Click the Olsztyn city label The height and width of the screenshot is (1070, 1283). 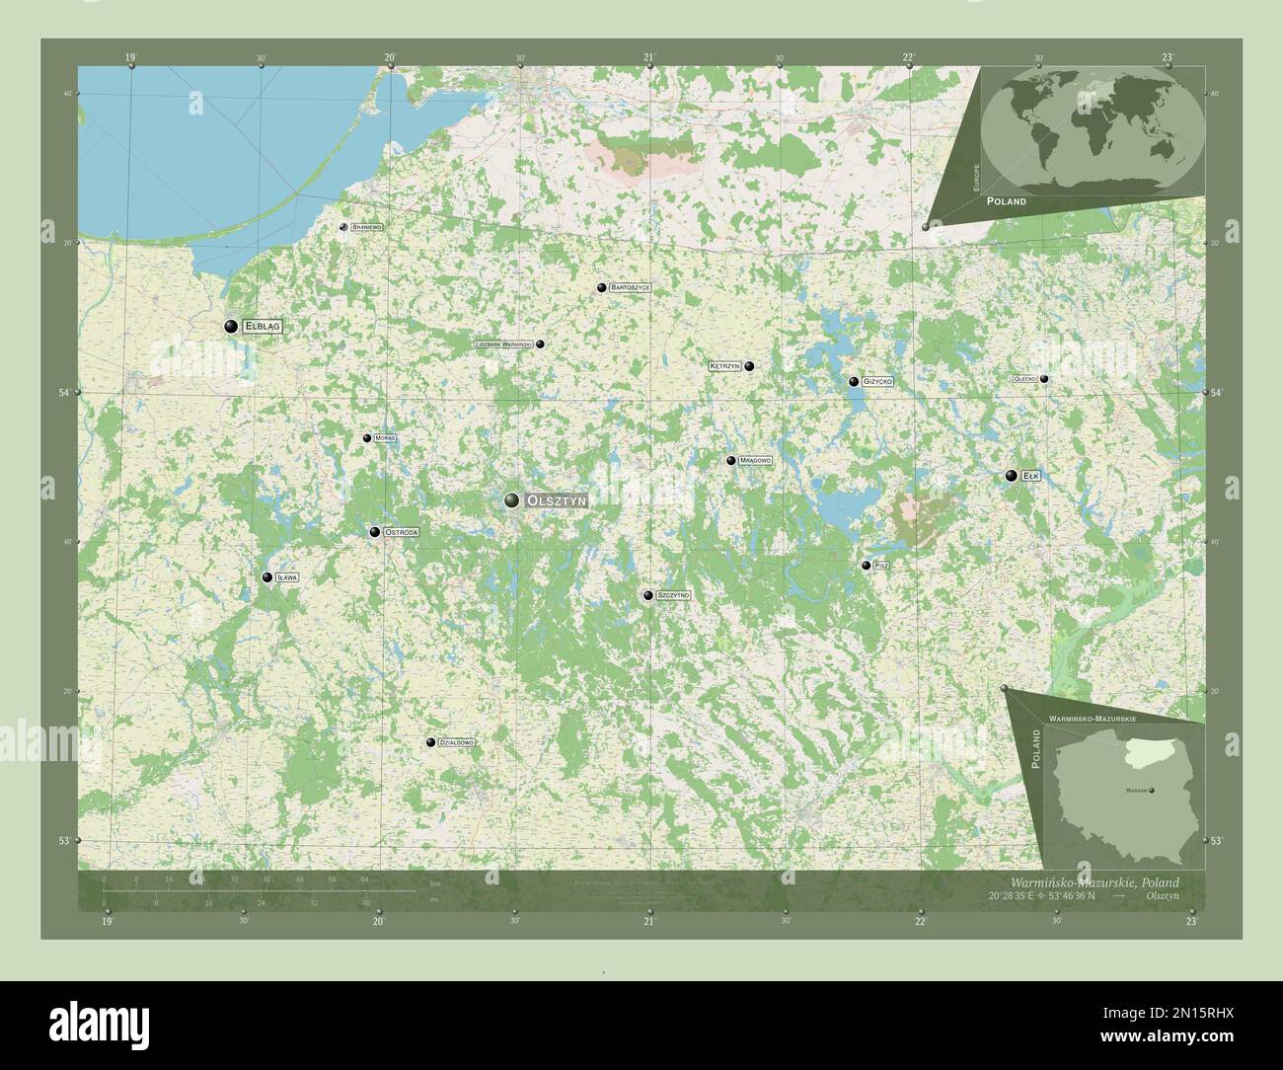click(558, 501)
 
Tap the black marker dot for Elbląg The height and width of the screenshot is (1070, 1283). click(231, 326)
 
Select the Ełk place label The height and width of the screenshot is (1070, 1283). click(1031, 476)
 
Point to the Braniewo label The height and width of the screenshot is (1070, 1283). click(366, 227)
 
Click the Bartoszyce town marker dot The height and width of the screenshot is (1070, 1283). click(601, 288)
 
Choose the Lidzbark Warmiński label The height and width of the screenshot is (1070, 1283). click(503, 344)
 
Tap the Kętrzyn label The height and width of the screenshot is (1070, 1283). click(724, 366)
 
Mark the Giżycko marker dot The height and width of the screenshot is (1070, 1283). click(854, 381)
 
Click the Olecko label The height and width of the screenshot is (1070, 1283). click(1023, 379)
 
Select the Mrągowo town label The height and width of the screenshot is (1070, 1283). click(755, 461)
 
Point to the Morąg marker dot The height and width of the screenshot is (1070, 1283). click(367, 438)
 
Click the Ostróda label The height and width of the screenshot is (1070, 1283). click(402, 532)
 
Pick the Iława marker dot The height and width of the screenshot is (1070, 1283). click(266, 578)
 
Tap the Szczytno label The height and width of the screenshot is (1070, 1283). click(672, 596)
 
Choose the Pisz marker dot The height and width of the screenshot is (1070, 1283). click(867, 566)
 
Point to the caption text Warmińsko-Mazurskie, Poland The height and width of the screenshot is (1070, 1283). click(1094, 881)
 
